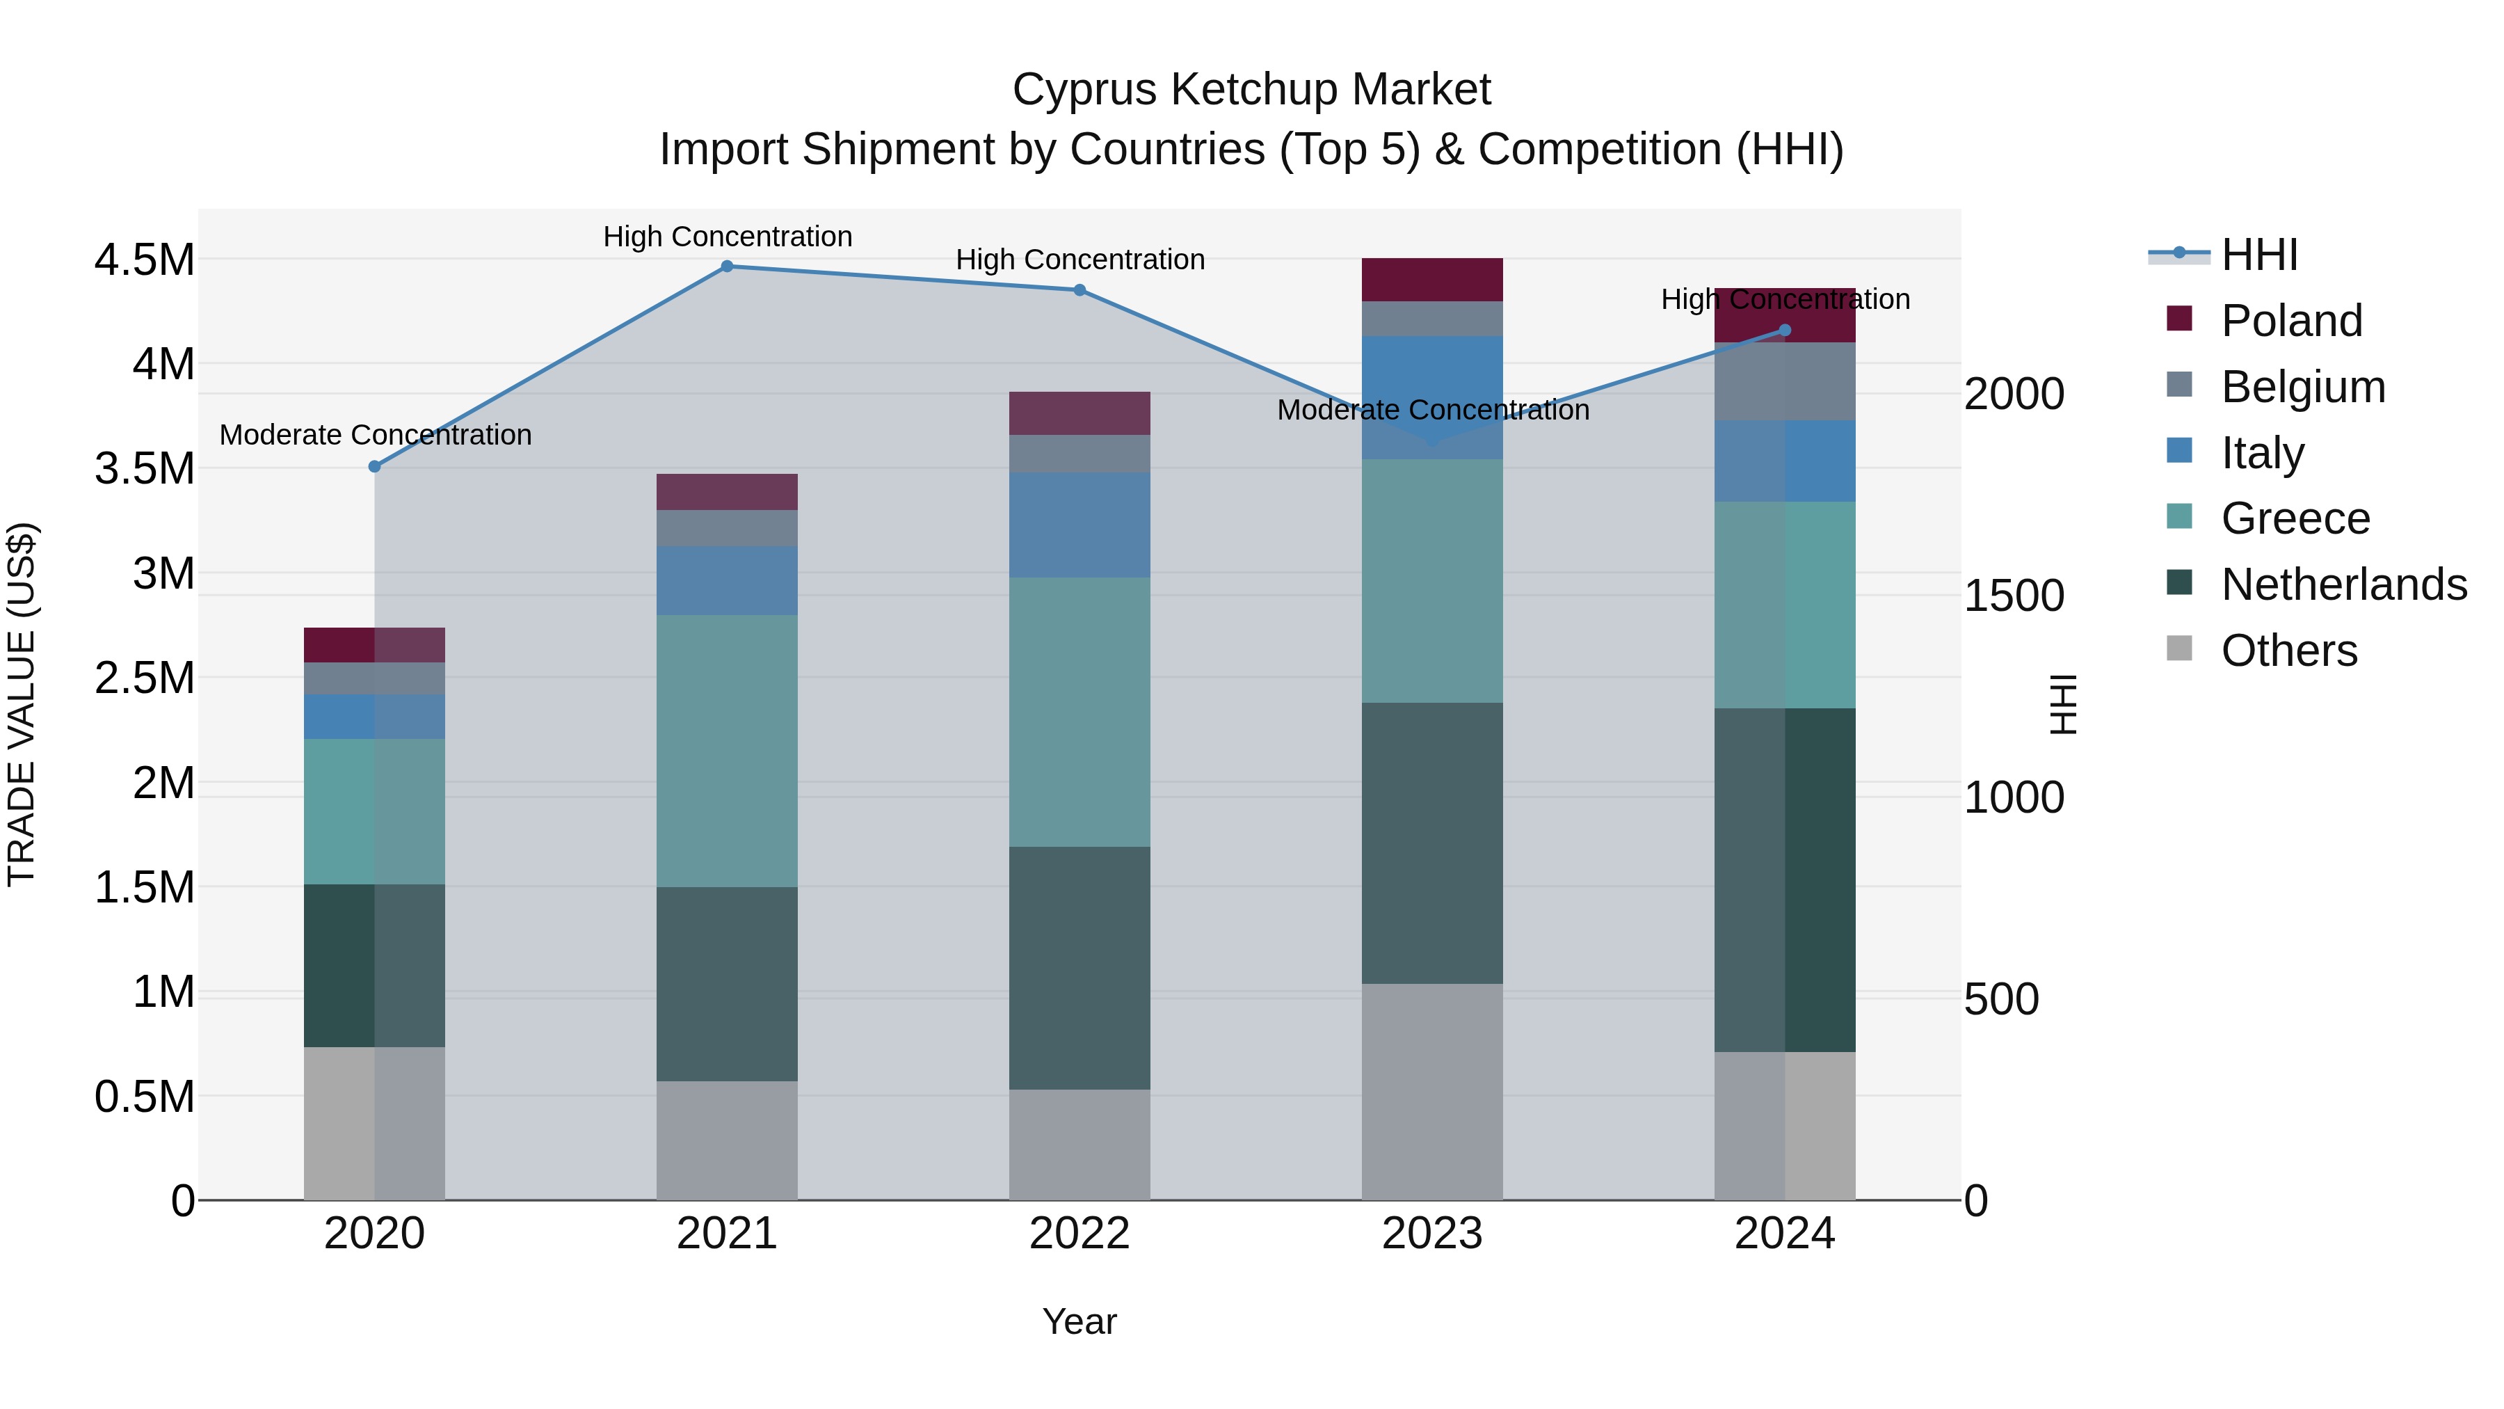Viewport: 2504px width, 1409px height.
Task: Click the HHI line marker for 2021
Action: pos(726,266)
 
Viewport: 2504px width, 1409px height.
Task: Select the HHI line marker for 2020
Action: pos(374,467)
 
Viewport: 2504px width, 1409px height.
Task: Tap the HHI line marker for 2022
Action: pos(1079,289)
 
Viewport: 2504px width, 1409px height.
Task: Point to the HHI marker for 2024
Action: pos(1785,331)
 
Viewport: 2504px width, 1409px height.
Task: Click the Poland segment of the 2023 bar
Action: pos(1432,280)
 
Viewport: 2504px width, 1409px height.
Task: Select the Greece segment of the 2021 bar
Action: pos(726,751)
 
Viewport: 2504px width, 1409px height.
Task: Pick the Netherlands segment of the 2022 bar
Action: pos(1079,968)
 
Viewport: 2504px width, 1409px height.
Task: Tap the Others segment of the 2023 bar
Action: pos(1432,1091)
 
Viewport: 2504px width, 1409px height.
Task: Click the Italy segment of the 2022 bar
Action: pos(1079,525)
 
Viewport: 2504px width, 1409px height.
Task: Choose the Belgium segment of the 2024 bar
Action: pos(1785,381)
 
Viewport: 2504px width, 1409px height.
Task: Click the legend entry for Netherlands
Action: pos(2343,584)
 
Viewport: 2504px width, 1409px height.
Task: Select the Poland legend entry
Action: pos(2291,321)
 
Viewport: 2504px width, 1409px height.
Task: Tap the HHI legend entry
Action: pos(2259,255)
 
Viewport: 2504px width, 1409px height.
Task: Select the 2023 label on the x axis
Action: pos(1432,1234)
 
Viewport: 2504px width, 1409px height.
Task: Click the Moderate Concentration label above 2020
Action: pos(375,435)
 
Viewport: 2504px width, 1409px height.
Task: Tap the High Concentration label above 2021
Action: pos(727,237)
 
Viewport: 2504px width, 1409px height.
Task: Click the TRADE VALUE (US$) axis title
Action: pos(22,704)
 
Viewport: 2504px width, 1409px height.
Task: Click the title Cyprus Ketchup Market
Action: pos(1251,90)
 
